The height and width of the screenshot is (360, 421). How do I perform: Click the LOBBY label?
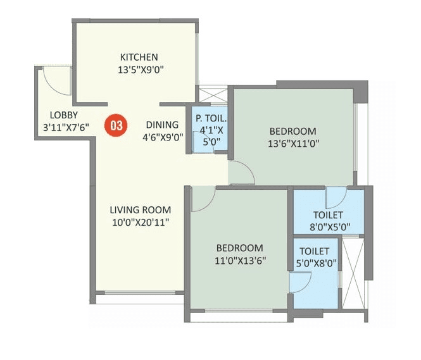64,115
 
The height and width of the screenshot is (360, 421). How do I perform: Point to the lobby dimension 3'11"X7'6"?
62,127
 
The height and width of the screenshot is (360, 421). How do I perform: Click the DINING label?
161,125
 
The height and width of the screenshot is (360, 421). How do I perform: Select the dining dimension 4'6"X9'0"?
163,136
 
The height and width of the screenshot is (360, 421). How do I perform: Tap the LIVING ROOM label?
140,210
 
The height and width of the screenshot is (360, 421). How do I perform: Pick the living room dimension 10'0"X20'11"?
140,222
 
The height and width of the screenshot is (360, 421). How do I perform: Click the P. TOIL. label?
211,119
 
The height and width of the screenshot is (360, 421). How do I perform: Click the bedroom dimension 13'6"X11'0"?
293,144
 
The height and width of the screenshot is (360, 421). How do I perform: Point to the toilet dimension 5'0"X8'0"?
315,263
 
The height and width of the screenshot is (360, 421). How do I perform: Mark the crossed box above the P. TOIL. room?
211,94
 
